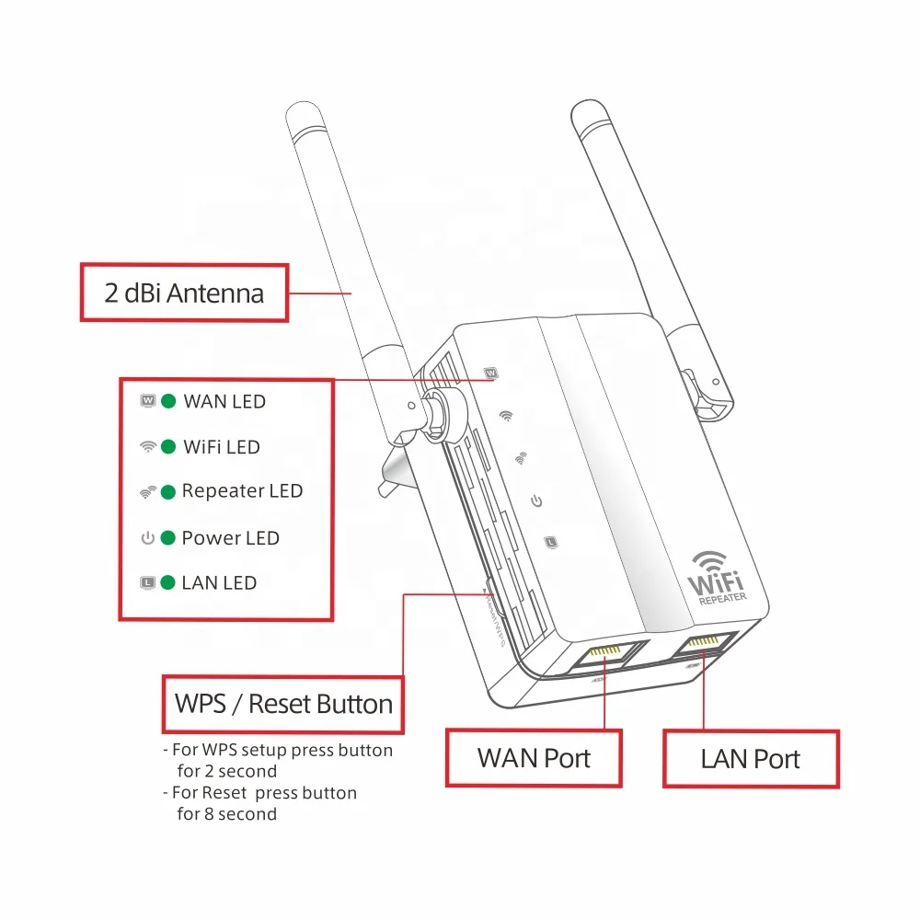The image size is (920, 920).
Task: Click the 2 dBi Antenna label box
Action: coord(184,293)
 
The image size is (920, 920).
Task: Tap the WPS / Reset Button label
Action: coord(283,705)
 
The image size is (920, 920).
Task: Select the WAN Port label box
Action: coord(534,758)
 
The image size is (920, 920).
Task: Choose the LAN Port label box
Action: coord(751,759)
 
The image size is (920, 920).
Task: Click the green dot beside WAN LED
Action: coord(168,401)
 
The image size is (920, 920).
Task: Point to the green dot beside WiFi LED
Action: coord(168,447)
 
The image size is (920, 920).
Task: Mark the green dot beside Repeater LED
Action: coord(168,492)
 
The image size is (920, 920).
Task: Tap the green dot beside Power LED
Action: coord(168,538)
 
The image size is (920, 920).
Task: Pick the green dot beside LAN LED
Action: coord(168,582)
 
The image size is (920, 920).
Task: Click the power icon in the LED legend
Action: coord(147,538)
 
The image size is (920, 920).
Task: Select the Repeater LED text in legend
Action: coord(242,491)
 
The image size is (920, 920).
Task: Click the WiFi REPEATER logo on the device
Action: coord(719,578)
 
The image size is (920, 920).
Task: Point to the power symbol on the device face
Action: coord(536,500)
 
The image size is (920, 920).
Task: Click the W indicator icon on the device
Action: coord(491,374)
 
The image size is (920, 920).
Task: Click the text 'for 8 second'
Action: coord(226,813)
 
